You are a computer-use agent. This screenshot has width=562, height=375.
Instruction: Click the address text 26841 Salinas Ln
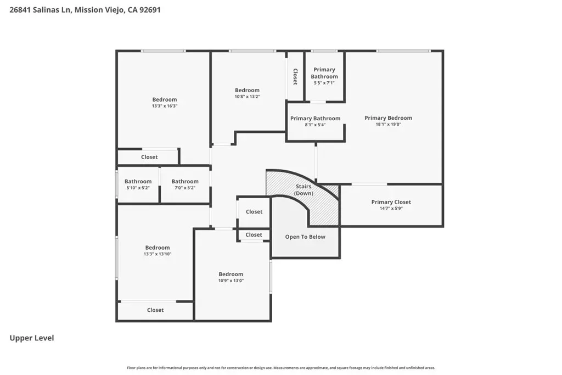pyautogui.click(x=40, y=10)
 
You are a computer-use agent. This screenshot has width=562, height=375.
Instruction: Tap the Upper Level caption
pyautogui.click(x=31, y=338)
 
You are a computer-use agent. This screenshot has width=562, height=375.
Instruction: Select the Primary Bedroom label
pyautogui.click(x=388, y=118)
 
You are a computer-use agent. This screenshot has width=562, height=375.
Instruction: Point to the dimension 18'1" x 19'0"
pyautogui.click(x=388, y=125)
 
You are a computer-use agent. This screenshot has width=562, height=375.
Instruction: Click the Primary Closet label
pyautogui.click(x=391, y=202)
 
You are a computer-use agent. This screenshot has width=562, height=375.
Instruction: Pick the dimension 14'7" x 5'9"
pyautogui.click(x=391, y=208)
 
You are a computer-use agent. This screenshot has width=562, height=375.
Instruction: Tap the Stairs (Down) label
pyautogui.click(x=304, y=189)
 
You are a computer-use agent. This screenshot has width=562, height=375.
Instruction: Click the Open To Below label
pyautogui.click(x=305, y=237)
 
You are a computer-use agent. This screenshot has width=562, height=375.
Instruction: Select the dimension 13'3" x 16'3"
pyautogui.click(x=165, y=106)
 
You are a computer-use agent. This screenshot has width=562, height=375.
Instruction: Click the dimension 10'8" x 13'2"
pyautogui.click(x=248, y=97)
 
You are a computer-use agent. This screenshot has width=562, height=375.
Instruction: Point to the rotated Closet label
pyautogui.click(x=295, y=77)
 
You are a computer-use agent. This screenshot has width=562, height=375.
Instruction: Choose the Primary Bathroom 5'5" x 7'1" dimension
pyautogui.click(x=324, y=83)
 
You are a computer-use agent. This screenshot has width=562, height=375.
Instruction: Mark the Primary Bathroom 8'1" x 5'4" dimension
pyautogui.click(x=316, y=125)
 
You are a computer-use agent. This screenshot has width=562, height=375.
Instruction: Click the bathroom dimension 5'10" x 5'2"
pyautogui.click(x=138, y=188)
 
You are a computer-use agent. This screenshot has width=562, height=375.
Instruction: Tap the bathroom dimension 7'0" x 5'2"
pyautogui.click(x=185, y=188)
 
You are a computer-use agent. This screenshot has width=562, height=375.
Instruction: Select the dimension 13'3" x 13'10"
pyautogui.click(x=158, y=254)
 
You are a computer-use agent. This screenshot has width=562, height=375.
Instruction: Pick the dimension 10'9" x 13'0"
pyautogui.click(x=231, y=281)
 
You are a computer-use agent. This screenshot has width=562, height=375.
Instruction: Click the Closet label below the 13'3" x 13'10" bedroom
pyautogui.click(x=155, y=310)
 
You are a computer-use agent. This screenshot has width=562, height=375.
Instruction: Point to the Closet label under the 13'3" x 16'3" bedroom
pyautogui.click(x=149, y=157)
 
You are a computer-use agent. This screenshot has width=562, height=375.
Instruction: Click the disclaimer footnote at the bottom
pyautogui.click(x=281, y=368)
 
